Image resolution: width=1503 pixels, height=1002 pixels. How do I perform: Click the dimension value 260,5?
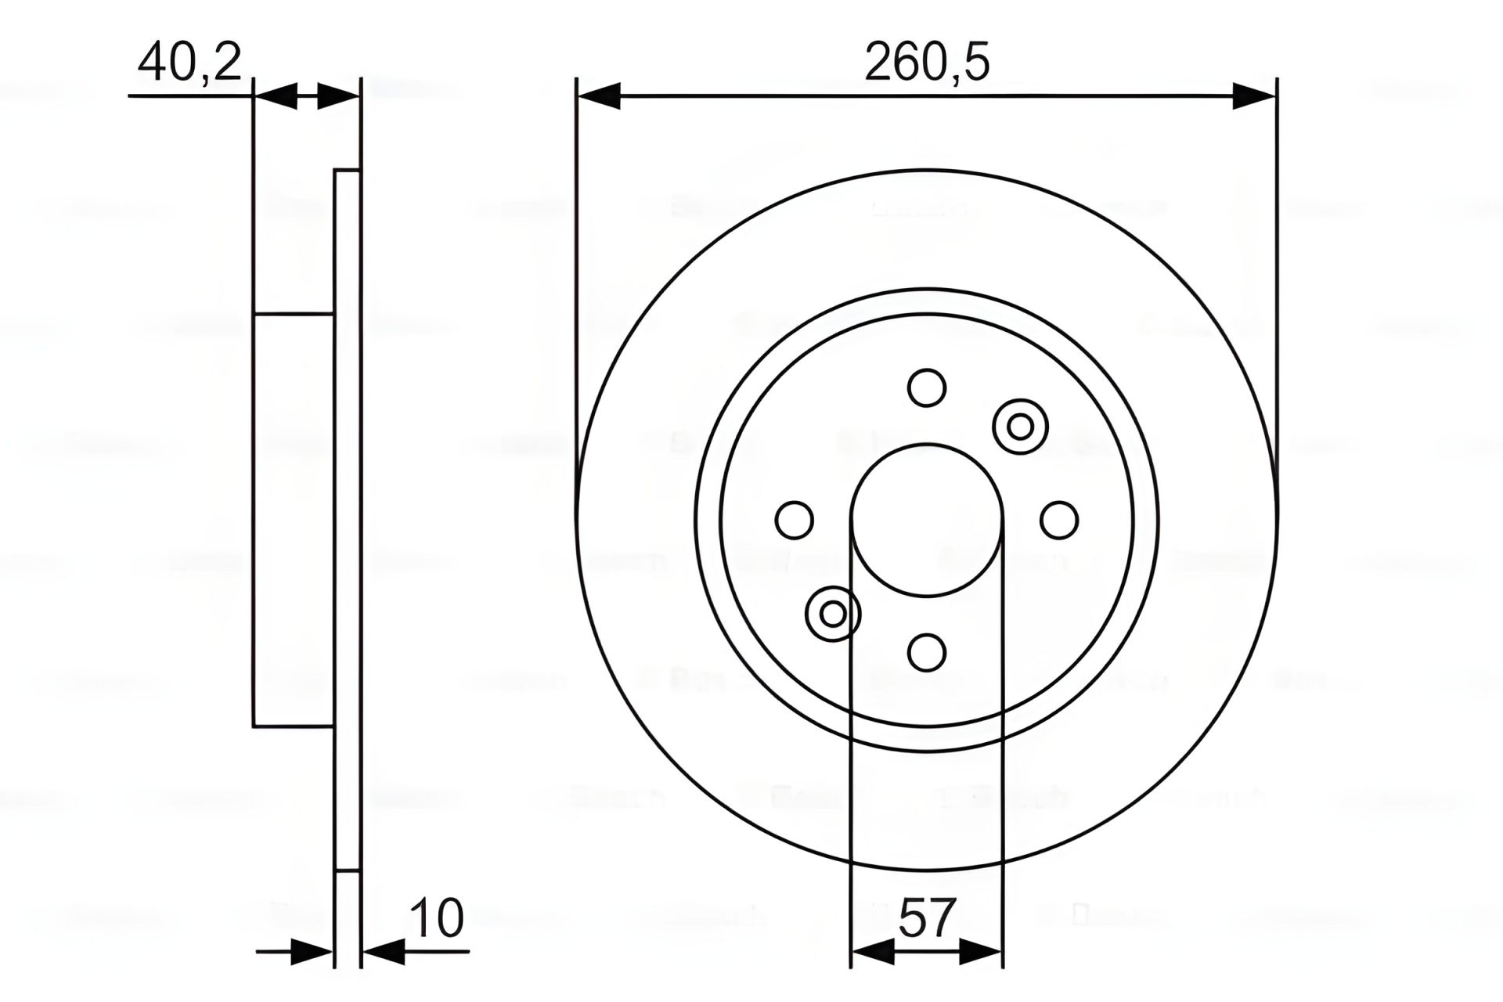pos(927,63)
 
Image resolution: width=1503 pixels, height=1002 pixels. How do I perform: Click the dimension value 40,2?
pos(189,63)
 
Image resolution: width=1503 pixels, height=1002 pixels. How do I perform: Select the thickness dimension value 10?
pos(437,917)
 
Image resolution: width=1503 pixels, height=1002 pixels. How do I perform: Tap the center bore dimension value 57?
pos(927,917)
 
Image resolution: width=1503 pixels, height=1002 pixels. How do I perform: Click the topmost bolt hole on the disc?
pos(927,387)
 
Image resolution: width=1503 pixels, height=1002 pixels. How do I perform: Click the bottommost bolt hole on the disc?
pos(927,652)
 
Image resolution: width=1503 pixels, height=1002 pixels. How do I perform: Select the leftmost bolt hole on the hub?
pos(795,520)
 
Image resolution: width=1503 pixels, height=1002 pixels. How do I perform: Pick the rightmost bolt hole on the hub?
pos(1059,520)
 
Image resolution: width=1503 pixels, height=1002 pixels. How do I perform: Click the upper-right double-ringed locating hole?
pos(1020,427)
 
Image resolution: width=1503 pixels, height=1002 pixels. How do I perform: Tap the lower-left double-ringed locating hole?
pos(833,614)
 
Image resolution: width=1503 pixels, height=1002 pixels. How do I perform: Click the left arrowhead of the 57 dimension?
pos(872,953)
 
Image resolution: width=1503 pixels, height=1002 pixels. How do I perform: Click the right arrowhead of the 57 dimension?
pos(982,953)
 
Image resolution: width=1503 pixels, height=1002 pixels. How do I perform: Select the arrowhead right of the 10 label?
pos(384,953)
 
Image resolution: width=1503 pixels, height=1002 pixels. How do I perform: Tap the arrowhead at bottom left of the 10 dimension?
pos(312,953)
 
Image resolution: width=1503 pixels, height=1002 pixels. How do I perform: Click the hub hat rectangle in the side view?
pos(294,520)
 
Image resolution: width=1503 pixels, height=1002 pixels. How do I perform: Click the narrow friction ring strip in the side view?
pos(348,520)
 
